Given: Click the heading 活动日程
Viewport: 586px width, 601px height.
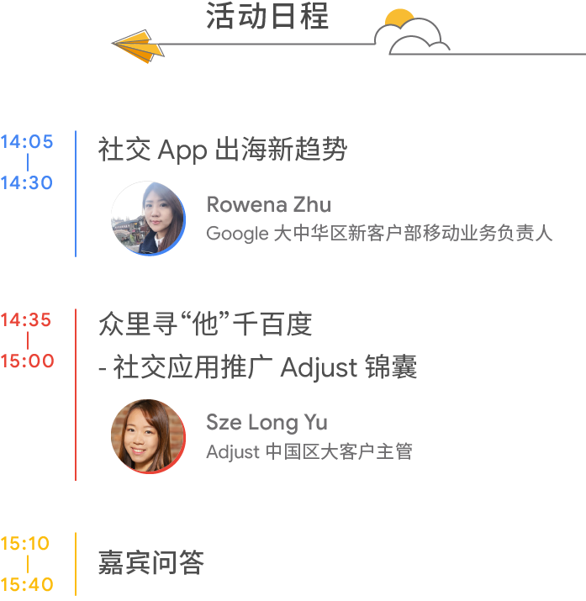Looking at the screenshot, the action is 267,18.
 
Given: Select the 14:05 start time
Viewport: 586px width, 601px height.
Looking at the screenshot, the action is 27,142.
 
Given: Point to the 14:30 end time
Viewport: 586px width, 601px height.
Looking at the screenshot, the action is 27,182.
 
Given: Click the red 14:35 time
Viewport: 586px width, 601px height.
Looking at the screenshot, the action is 26,320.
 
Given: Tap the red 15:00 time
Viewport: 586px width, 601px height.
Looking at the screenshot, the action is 27,361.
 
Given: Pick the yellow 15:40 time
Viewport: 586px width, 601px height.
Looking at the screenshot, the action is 27,584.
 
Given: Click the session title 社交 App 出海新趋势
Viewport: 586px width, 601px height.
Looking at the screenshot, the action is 223,150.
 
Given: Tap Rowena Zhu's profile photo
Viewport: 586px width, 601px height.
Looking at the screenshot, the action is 148,219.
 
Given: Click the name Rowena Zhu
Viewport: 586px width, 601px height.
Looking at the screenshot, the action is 268,204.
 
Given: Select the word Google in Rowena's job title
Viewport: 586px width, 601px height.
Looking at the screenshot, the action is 236,234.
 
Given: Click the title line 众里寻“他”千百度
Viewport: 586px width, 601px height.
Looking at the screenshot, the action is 205,324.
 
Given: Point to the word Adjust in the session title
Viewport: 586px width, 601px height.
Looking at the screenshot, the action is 319,367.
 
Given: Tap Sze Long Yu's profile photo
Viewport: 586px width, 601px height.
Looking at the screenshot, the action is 148,436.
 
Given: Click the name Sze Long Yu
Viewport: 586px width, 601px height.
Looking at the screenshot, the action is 267,422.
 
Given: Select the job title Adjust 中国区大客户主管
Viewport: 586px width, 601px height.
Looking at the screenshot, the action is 309,451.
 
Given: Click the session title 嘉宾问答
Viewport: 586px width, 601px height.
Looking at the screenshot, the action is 151,562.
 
